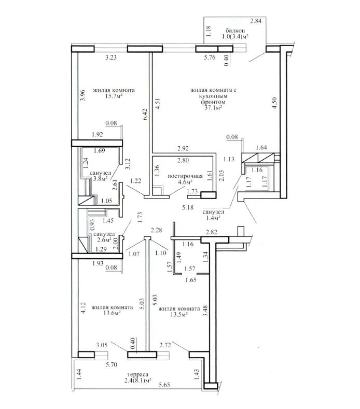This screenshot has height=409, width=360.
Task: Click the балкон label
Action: coord(235,31)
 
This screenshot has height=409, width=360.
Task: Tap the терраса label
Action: coord(136,375)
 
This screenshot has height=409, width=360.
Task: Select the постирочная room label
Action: coord(185,176)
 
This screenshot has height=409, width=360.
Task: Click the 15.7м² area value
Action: coord(114,96)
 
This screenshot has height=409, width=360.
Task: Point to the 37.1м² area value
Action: coord(213,108)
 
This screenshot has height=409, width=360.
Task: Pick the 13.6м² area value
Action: coord(112,313)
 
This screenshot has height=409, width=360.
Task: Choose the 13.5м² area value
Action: coord(179,314)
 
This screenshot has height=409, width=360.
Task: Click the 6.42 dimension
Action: coord(146,114)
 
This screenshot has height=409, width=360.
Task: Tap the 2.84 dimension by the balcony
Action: coord(256,21)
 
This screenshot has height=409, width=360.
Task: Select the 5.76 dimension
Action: coord(210,57)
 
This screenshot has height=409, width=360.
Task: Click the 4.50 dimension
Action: coord(274,103)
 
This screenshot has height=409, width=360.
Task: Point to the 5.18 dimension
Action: coord(188,208)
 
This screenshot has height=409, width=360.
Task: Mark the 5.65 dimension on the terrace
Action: coord(164,385)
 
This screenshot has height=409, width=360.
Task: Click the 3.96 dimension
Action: coord(83,95)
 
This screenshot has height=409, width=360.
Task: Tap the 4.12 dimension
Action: coord(83,308)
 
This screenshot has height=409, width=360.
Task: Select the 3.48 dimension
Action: coord(206,311)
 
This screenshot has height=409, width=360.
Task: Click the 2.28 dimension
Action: coord(156,230)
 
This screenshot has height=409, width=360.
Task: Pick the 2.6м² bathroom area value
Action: coord(104,239)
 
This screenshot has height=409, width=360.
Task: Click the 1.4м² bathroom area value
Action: coord(213,218)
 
